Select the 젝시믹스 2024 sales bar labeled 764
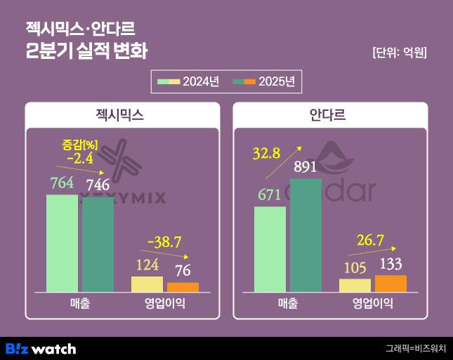[63, 243]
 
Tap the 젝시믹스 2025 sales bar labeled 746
[98, 245]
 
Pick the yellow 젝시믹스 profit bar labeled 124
[147, 284]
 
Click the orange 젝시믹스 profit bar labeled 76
[183, 287]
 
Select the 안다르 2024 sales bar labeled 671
[270, 249]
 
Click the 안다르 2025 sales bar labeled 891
[306, 235]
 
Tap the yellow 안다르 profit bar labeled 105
[355, 285]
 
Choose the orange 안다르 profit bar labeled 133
[390, 284]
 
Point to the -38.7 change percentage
[164, 242]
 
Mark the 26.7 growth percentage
[370, 241]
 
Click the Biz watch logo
[41, 348]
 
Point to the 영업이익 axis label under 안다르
[372, 304]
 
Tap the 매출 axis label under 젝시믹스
[79, 304]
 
